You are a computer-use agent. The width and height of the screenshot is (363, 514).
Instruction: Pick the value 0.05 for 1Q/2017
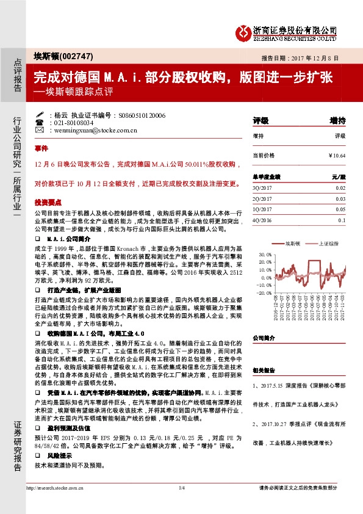click(340, 209)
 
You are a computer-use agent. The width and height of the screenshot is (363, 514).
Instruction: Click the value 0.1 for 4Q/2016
click(342, 220)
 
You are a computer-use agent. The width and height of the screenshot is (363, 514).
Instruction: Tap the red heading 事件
click(40, 148)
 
